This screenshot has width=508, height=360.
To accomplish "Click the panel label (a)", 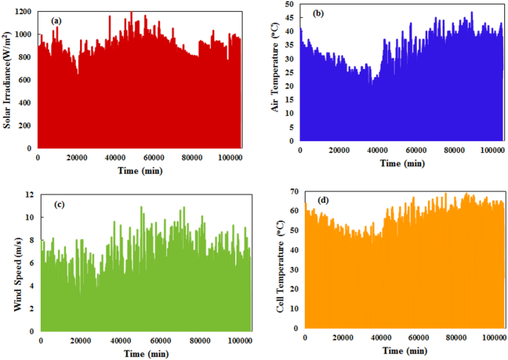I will [55, 20].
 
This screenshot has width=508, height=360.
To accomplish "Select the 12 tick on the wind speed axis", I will [30, 194].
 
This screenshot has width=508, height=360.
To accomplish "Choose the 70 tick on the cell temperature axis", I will [294, 192].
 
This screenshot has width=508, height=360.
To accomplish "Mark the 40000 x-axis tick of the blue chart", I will [382, 151].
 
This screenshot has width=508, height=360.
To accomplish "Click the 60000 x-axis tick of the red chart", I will [153, 157].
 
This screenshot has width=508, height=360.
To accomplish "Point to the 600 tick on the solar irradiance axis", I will [25, 80].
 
